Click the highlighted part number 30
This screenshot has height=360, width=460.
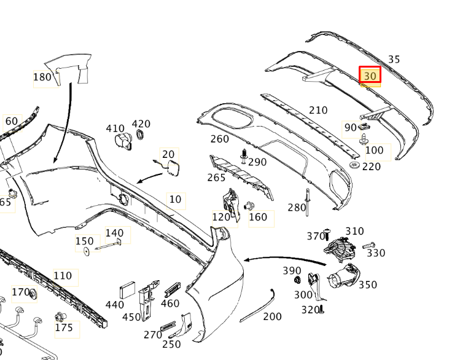pos(370,76)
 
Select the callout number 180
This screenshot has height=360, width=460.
pos(42,77)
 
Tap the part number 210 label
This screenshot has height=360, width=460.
pos(318,111)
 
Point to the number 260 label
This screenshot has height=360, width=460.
pos(219,139)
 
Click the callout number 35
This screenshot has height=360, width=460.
pos(394,60)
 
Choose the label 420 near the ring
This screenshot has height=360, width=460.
pos(141,125)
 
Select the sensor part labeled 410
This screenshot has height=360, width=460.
pos(123,141)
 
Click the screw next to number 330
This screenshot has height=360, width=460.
pos(368,246)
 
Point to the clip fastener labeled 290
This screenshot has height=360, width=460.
pos(244,157)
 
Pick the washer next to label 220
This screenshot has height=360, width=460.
pos(354,166)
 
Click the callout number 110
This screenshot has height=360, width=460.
pos(63,276)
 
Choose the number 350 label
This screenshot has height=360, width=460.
pos(367,285)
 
